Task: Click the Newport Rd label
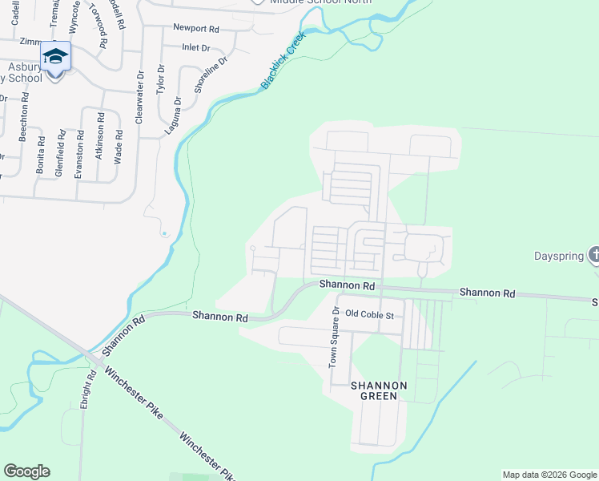tap(195, 28)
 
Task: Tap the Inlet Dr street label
tap(195, 48)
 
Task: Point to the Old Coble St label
tap(370, 315)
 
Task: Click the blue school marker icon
tap(55, 56)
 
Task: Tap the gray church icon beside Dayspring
tap(593, 256)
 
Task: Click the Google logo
tap(26, 471)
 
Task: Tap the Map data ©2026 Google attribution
tap(549, 475)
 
